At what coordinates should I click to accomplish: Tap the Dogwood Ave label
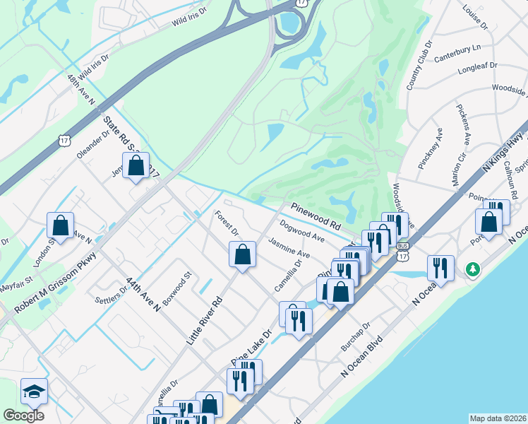301,232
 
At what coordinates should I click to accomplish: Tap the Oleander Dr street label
95,143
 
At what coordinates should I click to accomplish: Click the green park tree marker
473,269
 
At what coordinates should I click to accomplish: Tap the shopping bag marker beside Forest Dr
242,254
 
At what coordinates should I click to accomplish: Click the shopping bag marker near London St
61,225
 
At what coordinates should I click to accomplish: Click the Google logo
24,416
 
